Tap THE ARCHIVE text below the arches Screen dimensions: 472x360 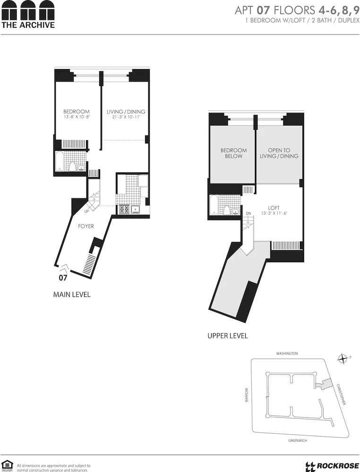(28, 25)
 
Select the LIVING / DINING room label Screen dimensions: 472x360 (126, 112)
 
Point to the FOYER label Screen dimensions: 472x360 (86, 226)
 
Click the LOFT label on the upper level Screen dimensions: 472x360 (274, 208)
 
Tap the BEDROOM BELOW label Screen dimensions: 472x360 (233, 153)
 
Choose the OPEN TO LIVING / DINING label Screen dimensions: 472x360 (279, 153)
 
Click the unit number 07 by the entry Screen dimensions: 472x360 (63, 278)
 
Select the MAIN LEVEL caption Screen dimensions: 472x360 (72, 295)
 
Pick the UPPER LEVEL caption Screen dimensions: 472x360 (228, 336)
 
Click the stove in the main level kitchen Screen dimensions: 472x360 (124, 208)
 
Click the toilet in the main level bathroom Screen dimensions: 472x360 (73, 166)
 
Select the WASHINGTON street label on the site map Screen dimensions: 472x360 (287, 353)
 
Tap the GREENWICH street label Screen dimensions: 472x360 (298, 440)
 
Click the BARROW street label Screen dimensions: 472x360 (246, 395)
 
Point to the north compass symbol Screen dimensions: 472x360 (343, 359)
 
